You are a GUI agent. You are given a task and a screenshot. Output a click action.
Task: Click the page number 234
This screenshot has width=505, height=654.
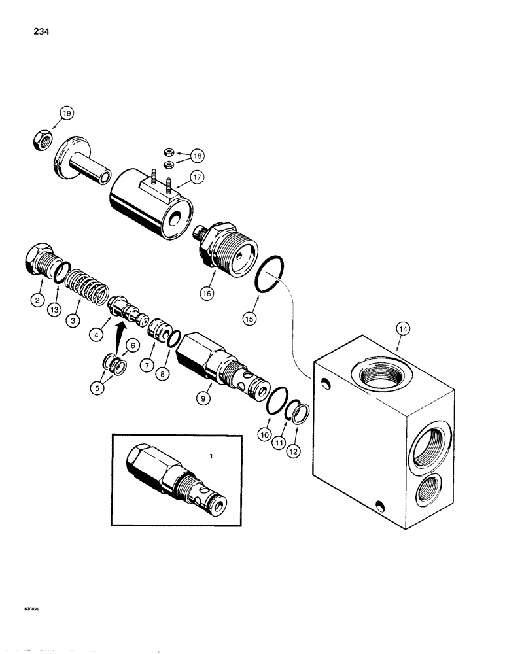point(30,31)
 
